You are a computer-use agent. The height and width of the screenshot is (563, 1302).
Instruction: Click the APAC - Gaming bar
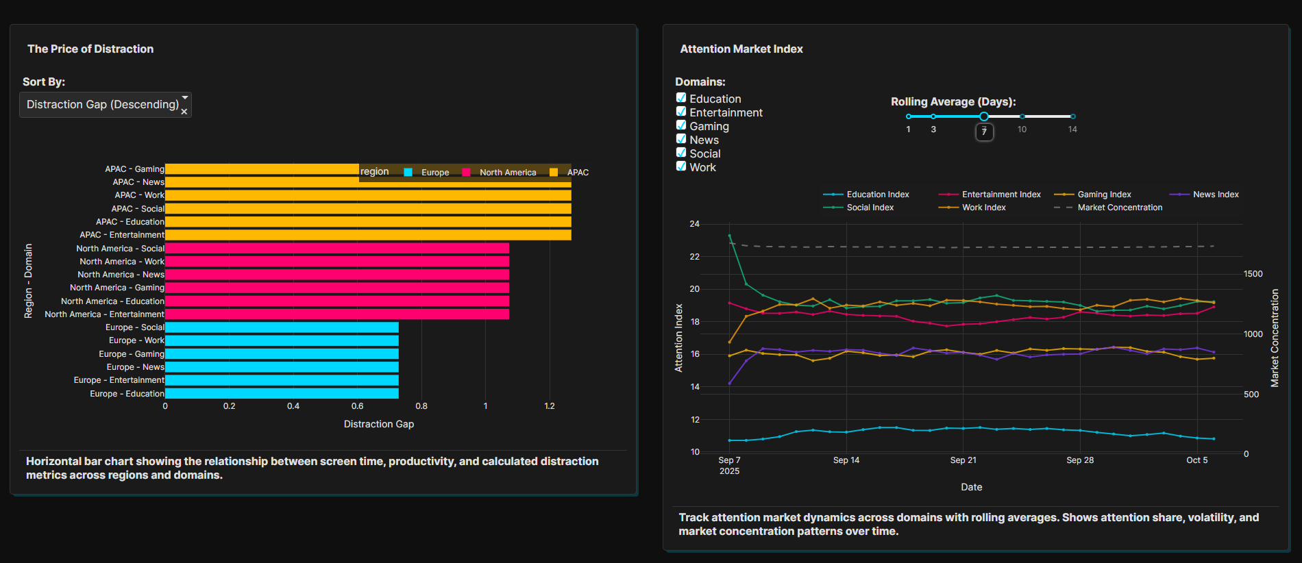pos(260,169)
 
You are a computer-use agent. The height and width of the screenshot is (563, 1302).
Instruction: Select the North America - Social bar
pos(336,249)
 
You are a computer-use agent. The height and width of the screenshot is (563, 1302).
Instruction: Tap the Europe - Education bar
pos(281,394)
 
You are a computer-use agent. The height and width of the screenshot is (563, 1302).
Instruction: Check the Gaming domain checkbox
pos(681,125)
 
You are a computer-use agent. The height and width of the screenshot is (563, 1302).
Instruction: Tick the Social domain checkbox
pos(681,153)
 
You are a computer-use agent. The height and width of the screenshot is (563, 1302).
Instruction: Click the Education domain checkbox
pos(681,98)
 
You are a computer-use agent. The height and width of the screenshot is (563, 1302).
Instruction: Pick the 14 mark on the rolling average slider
pos(1072,116)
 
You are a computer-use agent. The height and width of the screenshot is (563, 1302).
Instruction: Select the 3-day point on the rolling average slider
pos(933,116)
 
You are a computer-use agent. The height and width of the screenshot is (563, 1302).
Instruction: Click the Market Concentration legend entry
pos(1120,208)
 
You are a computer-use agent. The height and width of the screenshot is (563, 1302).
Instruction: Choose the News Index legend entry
pos(1215,195)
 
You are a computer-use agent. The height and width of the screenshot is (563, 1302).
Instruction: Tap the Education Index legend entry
pos(877,195)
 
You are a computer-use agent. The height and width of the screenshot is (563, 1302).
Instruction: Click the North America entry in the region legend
pos(507,173)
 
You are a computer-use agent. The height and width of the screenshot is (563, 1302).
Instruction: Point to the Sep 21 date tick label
pos(963,460)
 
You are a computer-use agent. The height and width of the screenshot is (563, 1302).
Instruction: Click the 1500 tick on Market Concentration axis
pos(1253,274)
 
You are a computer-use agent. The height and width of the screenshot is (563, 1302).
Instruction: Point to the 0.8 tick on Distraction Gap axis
pos(421,406)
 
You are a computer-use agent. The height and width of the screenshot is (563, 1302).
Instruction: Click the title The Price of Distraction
pos(90,49)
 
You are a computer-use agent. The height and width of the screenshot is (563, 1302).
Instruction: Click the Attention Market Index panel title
pos(741,49)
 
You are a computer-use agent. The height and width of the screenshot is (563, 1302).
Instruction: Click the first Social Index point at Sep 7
pos(729,236)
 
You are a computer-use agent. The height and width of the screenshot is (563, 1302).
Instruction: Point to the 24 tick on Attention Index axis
pos(695,224)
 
